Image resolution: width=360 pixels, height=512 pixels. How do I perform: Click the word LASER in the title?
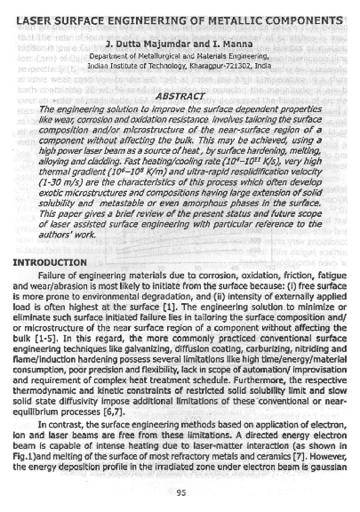[34, 19]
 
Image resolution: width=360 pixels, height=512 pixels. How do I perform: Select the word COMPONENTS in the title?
[296, 19]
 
